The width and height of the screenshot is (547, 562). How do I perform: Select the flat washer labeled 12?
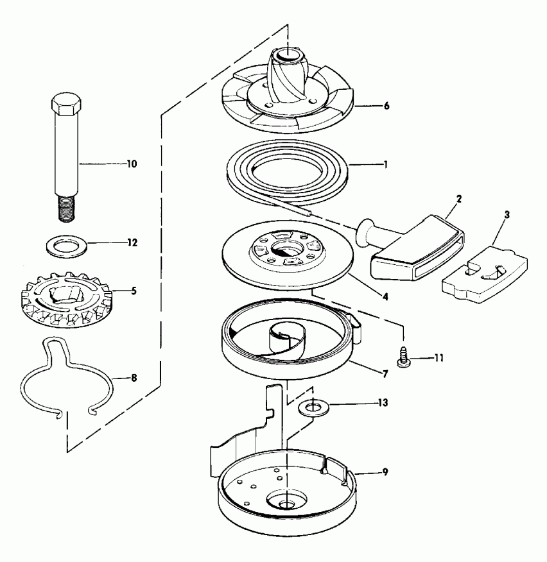click(66, 245)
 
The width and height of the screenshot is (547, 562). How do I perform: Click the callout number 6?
click(386, 105)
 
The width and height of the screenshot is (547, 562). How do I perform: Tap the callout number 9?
click(385, 472)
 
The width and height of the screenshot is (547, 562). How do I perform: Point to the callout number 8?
click(134, 379)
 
